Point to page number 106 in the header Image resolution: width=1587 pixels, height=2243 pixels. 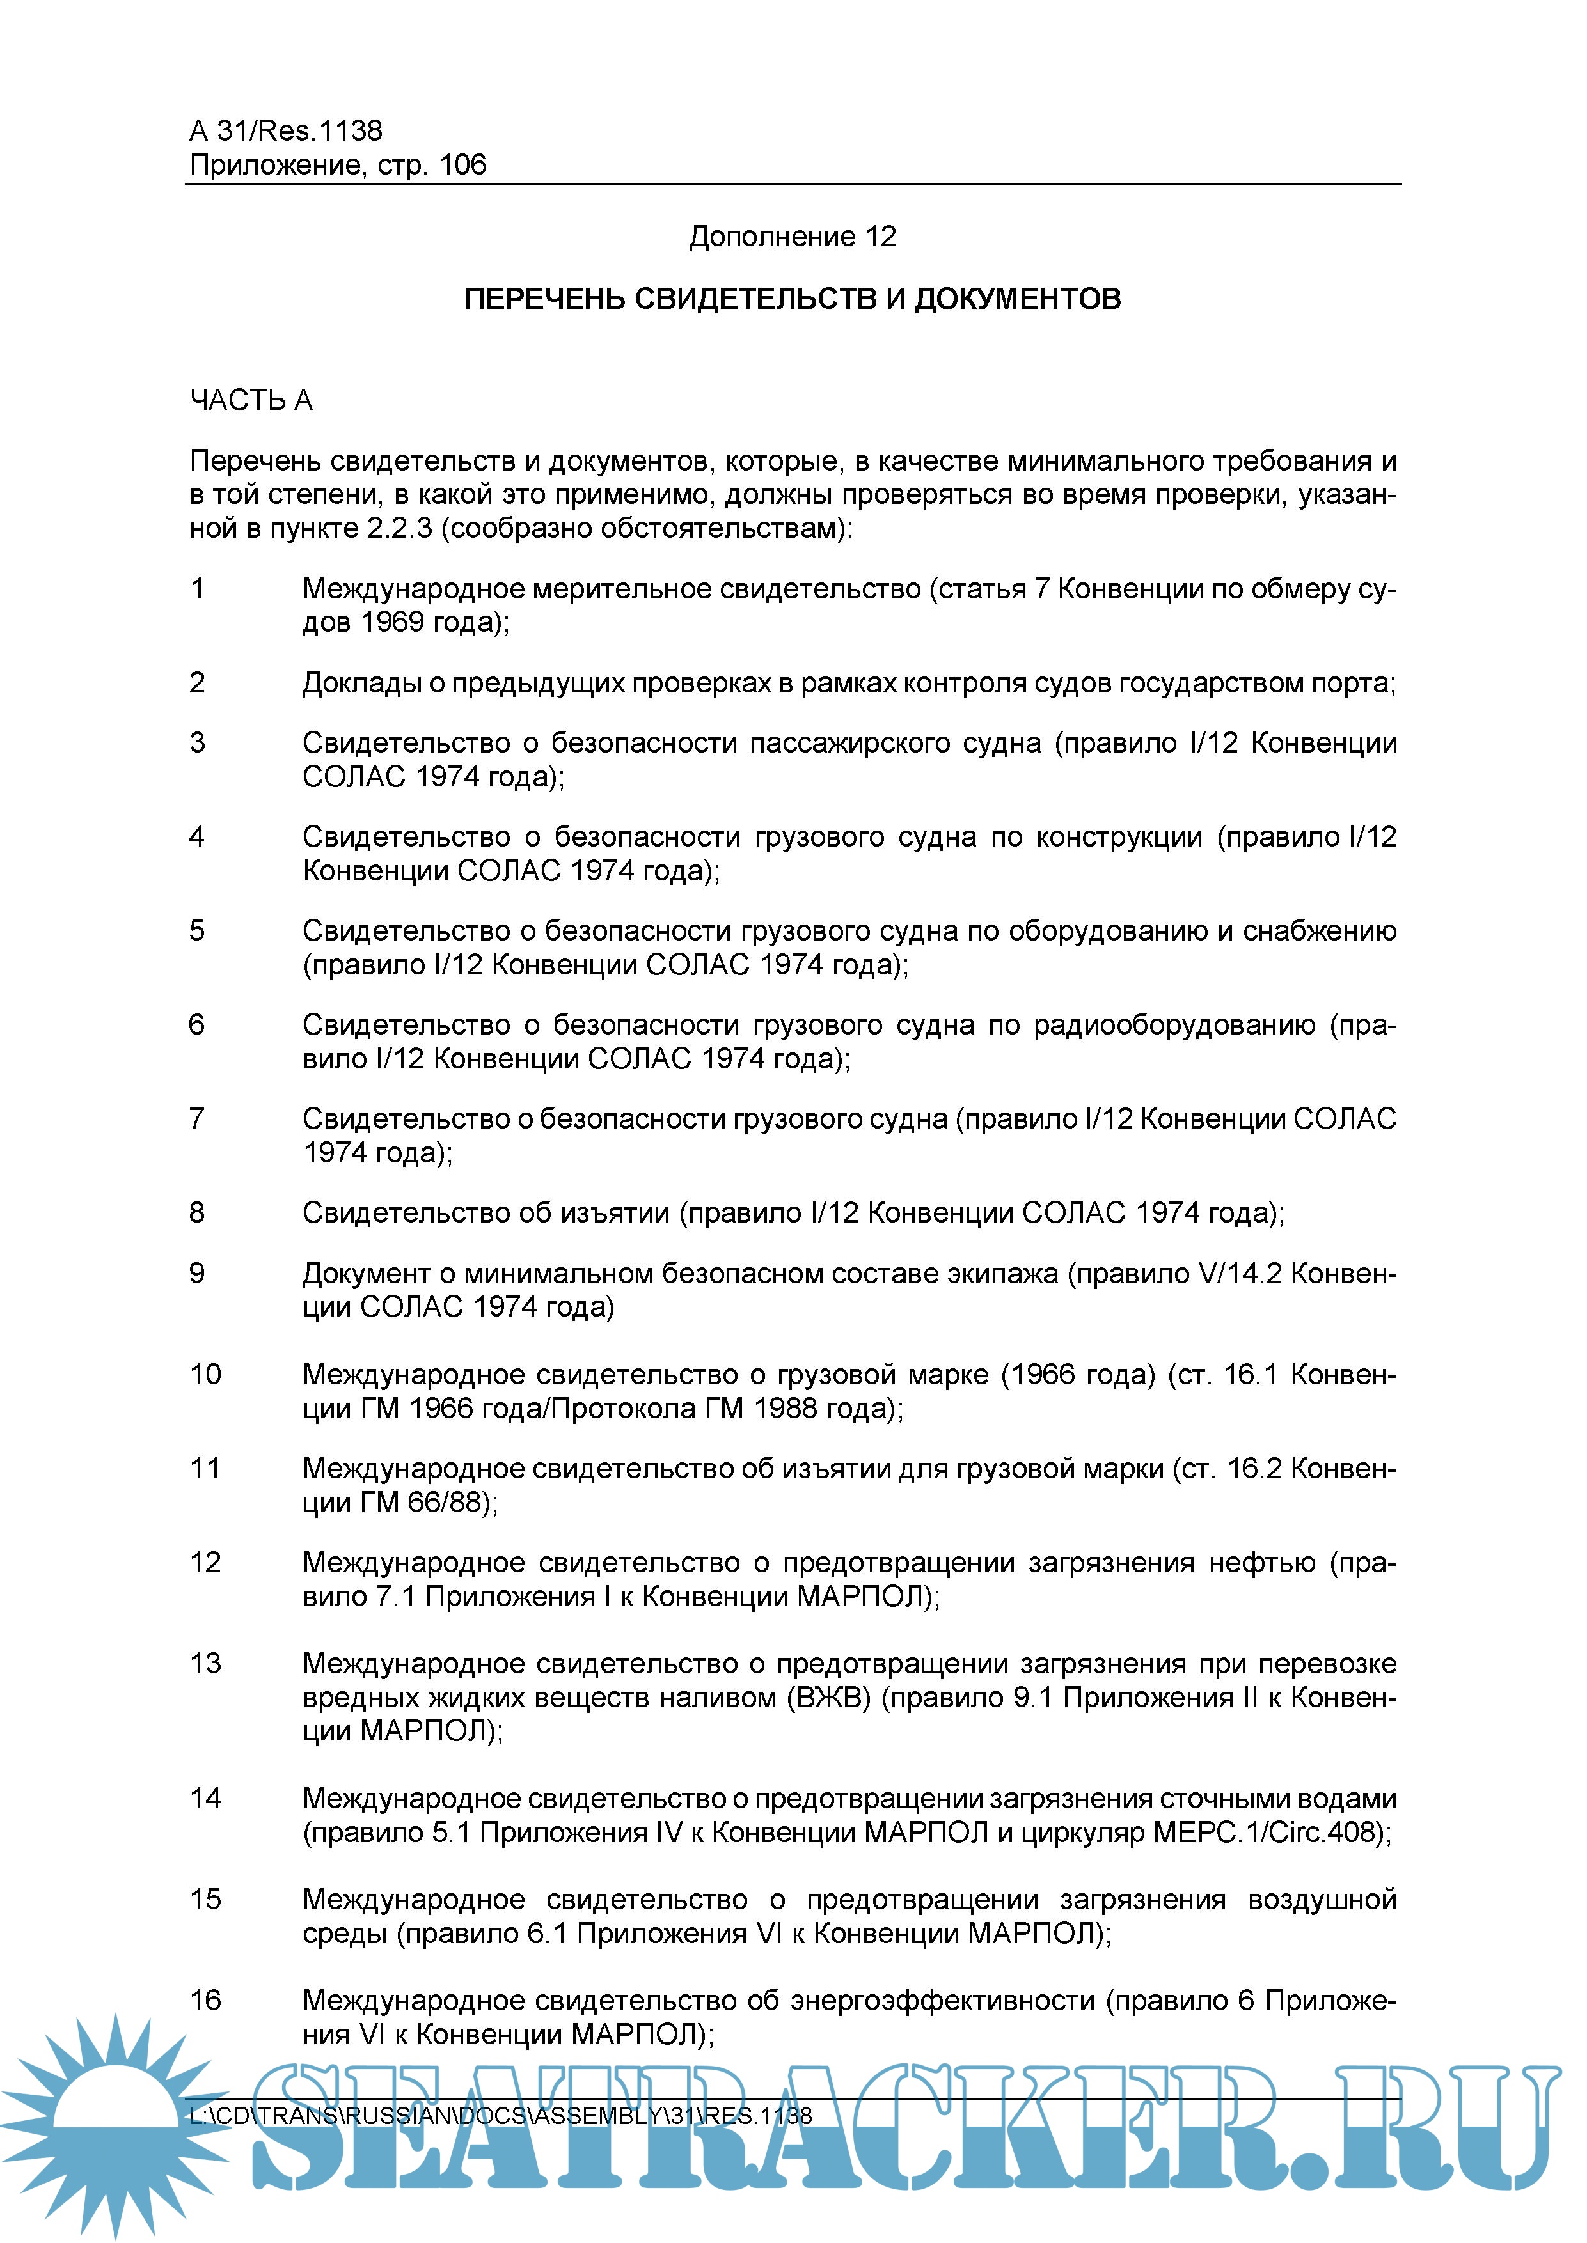coord(462,164)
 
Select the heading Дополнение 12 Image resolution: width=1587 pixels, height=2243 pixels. coord(793,237)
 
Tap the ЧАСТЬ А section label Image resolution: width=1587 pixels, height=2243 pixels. coord(251,400)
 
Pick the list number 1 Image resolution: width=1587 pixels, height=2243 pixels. coord(198,588)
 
